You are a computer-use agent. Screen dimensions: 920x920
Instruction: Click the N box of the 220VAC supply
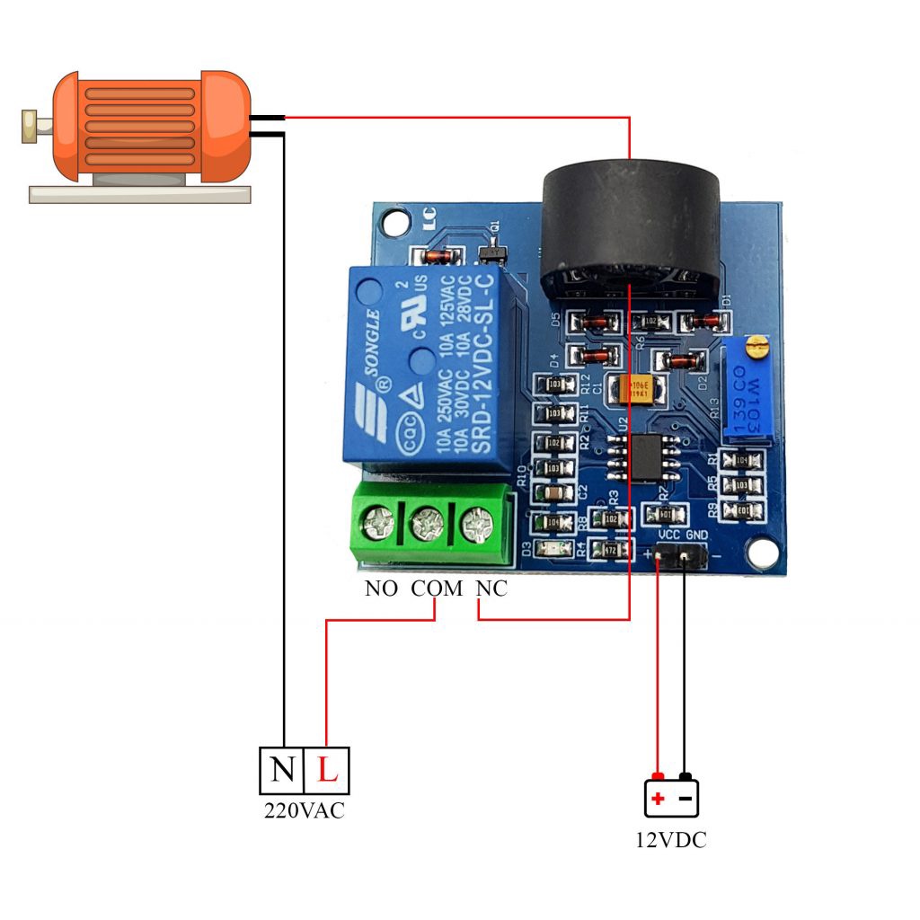coord(282,770)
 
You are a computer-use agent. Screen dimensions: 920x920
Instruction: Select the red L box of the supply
coord(327,770)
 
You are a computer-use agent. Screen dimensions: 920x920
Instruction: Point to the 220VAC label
coord(304,810)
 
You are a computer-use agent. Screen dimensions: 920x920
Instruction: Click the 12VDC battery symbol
coord(671,797)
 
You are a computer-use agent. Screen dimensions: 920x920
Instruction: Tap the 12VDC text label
coord(671,841)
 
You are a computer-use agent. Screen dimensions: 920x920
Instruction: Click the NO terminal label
coord(384,589)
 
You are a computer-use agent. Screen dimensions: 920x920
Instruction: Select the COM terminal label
coord(437,589)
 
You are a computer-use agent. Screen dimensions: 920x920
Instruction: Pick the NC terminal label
coord(491,589)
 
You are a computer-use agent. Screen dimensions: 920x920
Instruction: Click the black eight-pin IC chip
coord(645,456)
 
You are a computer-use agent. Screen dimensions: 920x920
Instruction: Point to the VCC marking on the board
coord(669,535)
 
